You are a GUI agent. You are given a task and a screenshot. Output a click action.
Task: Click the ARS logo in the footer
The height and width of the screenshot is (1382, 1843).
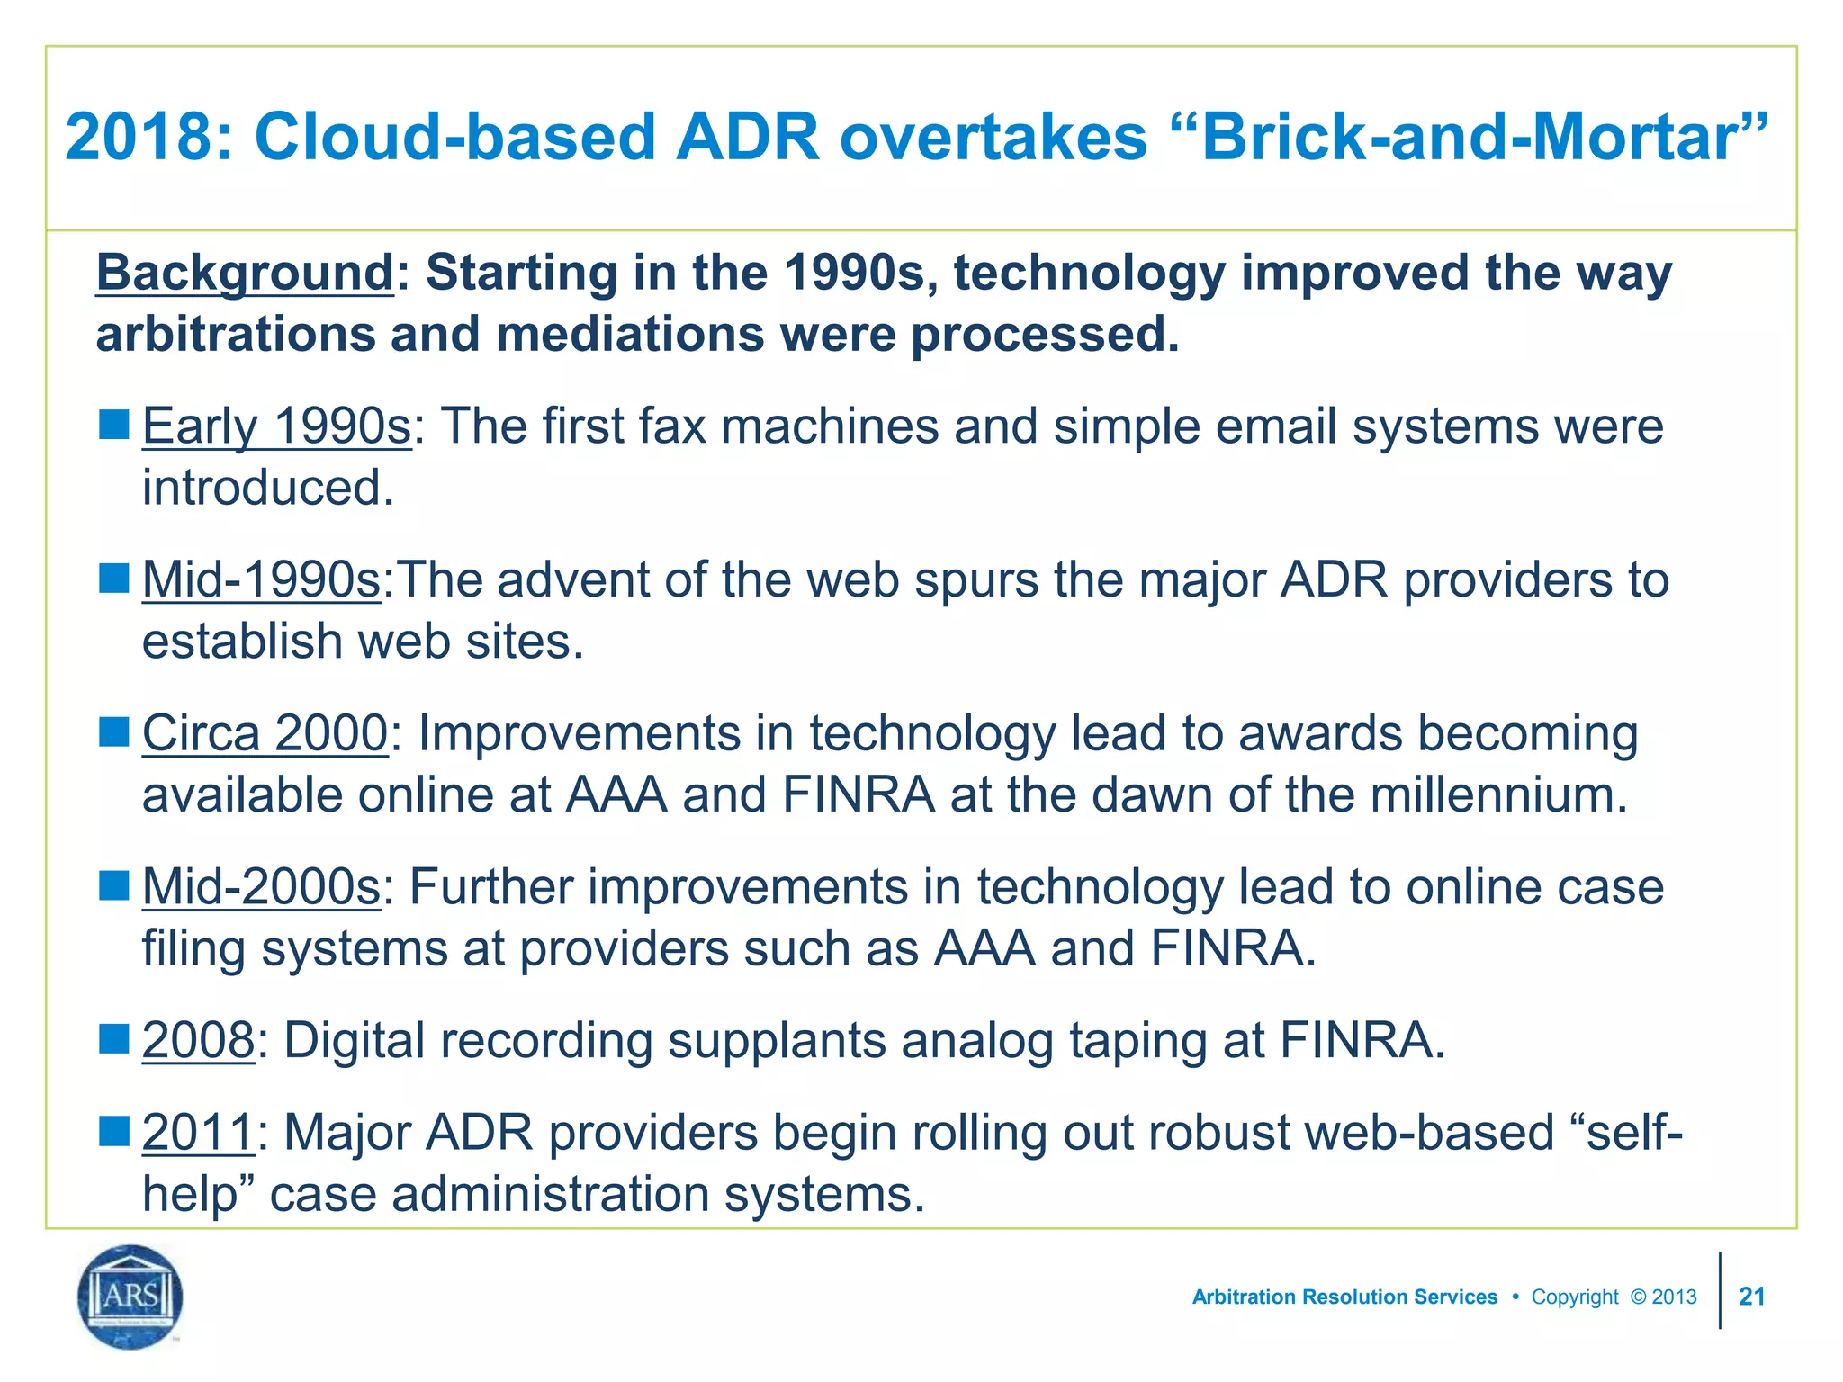click(x=130, y=1297)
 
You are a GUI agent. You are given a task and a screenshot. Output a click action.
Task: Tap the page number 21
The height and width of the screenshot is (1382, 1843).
click(x=1751, y=1297)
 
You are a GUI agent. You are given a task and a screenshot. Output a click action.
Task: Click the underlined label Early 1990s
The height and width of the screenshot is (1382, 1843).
click(x=276, y=426)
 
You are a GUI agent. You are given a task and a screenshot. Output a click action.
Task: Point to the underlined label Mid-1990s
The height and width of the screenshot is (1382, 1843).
click(x=262, y=579)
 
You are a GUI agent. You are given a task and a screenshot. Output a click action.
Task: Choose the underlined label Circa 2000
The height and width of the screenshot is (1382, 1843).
click(x=265, y=733)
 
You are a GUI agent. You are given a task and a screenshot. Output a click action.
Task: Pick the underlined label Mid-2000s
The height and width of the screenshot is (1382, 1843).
click(x=262, y=887)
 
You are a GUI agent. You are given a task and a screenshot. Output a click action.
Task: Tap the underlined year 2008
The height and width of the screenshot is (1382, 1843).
click(x=199, y=1041)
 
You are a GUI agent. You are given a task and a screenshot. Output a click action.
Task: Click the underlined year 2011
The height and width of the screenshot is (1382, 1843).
click(x=199, y=1132)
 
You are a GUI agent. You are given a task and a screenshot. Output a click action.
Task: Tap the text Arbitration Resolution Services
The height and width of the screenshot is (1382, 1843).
click(x=1344, y=1297)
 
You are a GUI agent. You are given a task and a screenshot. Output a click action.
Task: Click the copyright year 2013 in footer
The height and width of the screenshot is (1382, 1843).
click(x=1674, y=1297)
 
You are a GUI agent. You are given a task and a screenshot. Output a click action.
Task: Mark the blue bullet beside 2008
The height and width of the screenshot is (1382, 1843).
click(x=114, y=1040)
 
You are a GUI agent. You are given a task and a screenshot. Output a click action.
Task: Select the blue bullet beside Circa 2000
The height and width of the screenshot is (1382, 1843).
click(x=114, y=732)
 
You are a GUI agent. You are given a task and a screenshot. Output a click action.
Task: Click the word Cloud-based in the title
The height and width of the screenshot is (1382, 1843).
click(x=454, y=138)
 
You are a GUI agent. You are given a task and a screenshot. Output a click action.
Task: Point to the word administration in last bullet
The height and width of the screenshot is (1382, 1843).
click(x=551, y=1194)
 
